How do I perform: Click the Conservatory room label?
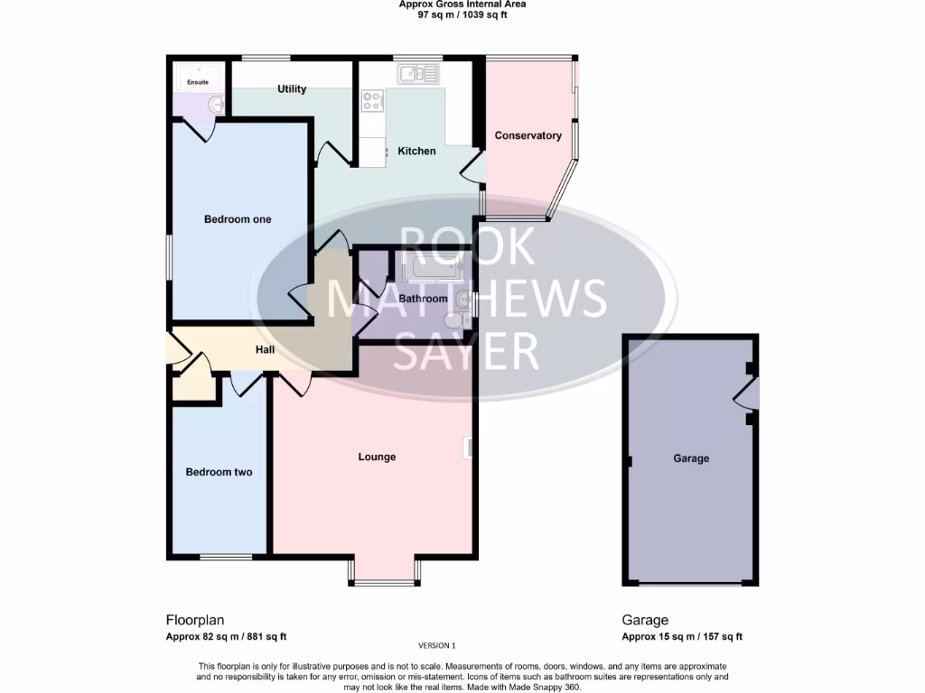(x=528, y=136)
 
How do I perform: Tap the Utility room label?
(x=292, y=88)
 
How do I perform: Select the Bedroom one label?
(x=237, y=219)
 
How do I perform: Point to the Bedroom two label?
(x=219, y=472)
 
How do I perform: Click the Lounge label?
(x=377, y=457)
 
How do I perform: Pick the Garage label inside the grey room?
(x=691, y=458)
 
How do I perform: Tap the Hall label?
(x=265, y=350)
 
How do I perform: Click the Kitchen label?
(x=416, y=151)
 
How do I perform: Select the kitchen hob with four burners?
(x=371, y=101)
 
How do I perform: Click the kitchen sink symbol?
(x=419, y=73)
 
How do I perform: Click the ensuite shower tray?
(x=197, y=78)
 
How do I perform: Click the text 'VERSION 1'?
(x=438, y=645)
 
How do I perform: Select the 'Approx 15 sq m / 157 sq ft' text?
(x=682, y=636)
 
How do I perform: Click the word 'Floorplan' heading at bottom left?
(x=194, y=620)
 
